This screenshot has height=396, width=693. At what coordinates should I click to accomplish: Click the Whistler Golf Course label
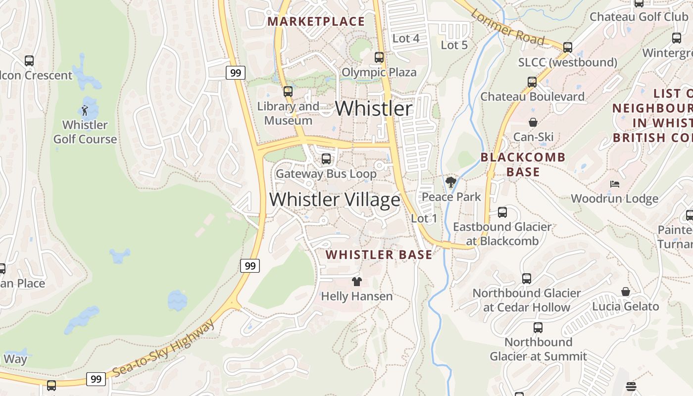(x=85, y=132)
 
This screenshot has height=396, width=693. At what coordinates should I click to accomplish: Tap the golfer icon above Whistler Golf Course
(x=85, y=110)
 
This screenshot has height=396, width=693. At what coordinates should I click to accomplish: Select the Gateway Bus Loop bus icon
(x=326, y=159)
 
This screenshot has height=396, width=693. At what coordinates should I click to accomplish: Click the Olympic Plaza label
(x=379, y=72)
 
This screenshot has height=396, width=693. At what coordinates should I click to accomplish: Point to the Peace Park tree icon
(x=450, y=182)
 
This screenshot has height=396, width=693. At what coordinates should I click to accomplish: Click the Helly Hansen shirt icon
(x=356, y=282)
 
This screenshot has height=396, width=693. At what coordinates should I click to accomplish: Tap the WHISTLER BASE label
(x=379, y=254)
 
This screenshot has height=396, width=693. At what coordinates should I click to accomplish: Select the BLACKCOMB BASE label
(x=523, y=164)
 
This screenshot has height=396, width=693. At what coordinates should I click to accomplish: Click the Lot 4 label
(x=406, y=38)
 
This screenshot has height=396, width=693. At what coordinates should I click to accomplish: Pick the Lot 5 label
(x=454, y=45)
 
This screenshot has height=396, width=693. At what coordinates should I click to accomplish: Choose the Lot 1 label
(x=424, y=218)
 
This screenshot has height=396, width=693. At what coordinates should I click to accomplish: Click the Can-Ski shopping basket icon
(x=533, y=122)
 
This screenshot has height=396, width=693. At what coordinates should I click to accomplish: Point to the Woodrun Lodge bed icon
(x=615, y=184)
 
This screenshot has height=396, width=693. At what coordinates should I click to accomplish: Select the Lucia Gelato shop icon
(x=626, y=292)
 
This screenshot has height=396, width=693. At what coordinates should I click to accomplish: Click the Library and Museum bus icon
(x=288, y=92)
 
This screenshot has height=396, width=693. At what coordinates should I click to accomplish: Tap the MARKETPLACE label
(x=316, y=21)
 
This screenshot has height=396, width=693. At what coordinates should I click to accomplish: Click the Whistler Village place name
(x=335, y=199)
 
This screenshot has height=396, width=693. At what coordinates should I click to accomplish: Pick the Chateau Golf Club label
(x=639, y=16)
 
